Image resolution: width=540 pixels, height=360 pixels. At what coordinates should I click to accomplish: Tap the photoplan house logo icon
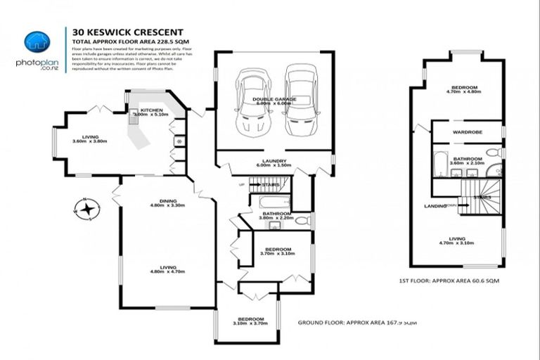coord(33,41)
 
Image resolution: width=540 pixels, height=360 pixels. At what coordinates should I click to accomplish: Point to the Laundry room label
coord(274,163)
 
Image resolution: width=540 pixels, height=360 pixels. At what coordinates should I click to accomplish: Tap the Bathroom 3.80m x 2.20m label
coord(275,216)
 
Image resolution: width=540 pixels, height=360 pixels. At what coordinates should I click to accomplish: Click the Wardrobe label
coord(466,131)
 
